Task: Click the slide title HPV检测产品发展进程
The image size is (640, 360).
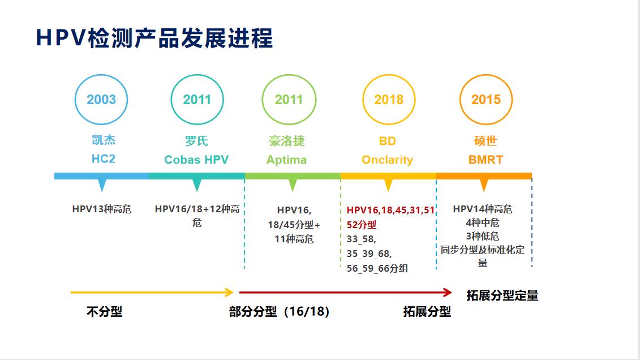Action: click(154, 38)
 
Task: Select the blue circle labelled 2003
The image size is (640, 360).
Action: click(101, 100)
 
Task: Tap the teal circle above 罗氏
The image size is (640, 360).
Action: click(197, 100)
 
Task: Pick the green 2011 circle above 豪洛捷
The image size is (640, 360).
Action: click(289, 100)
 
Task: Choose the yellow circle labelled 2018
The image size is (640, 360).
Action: click(389, 100)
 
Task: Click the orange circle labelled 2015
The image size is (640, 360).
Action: click(486, 100)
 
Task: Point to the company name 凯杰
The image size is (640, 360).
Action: click(104, 140)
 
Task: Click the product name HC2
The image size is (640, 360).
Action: click(104, 158)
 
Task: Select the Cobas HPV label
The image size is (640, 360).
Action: click(196, 160)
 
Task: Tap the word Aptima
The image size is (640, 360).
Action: click(286, 160)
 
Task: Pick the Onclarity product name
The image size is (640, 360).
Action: click(388, 160)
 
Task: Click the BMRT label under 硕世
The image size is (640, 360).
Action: click(486, 160)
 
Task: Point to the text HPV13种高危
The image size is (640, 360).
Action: click(102, 209)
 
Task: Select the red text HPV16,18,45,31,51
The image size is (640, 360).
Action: click(390, 210)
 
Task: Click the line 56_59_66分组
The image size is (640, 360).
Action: click(377, 268)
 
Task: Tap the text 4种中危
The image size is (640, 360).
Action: click(483, 222)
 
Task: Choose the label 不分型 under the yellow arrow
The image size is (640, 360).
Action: click(104, 311)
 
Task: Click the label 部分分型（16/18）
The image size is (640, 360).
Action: click(279, 311)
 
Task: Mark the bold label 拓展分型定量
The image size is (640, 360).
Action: click(502, 295)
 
